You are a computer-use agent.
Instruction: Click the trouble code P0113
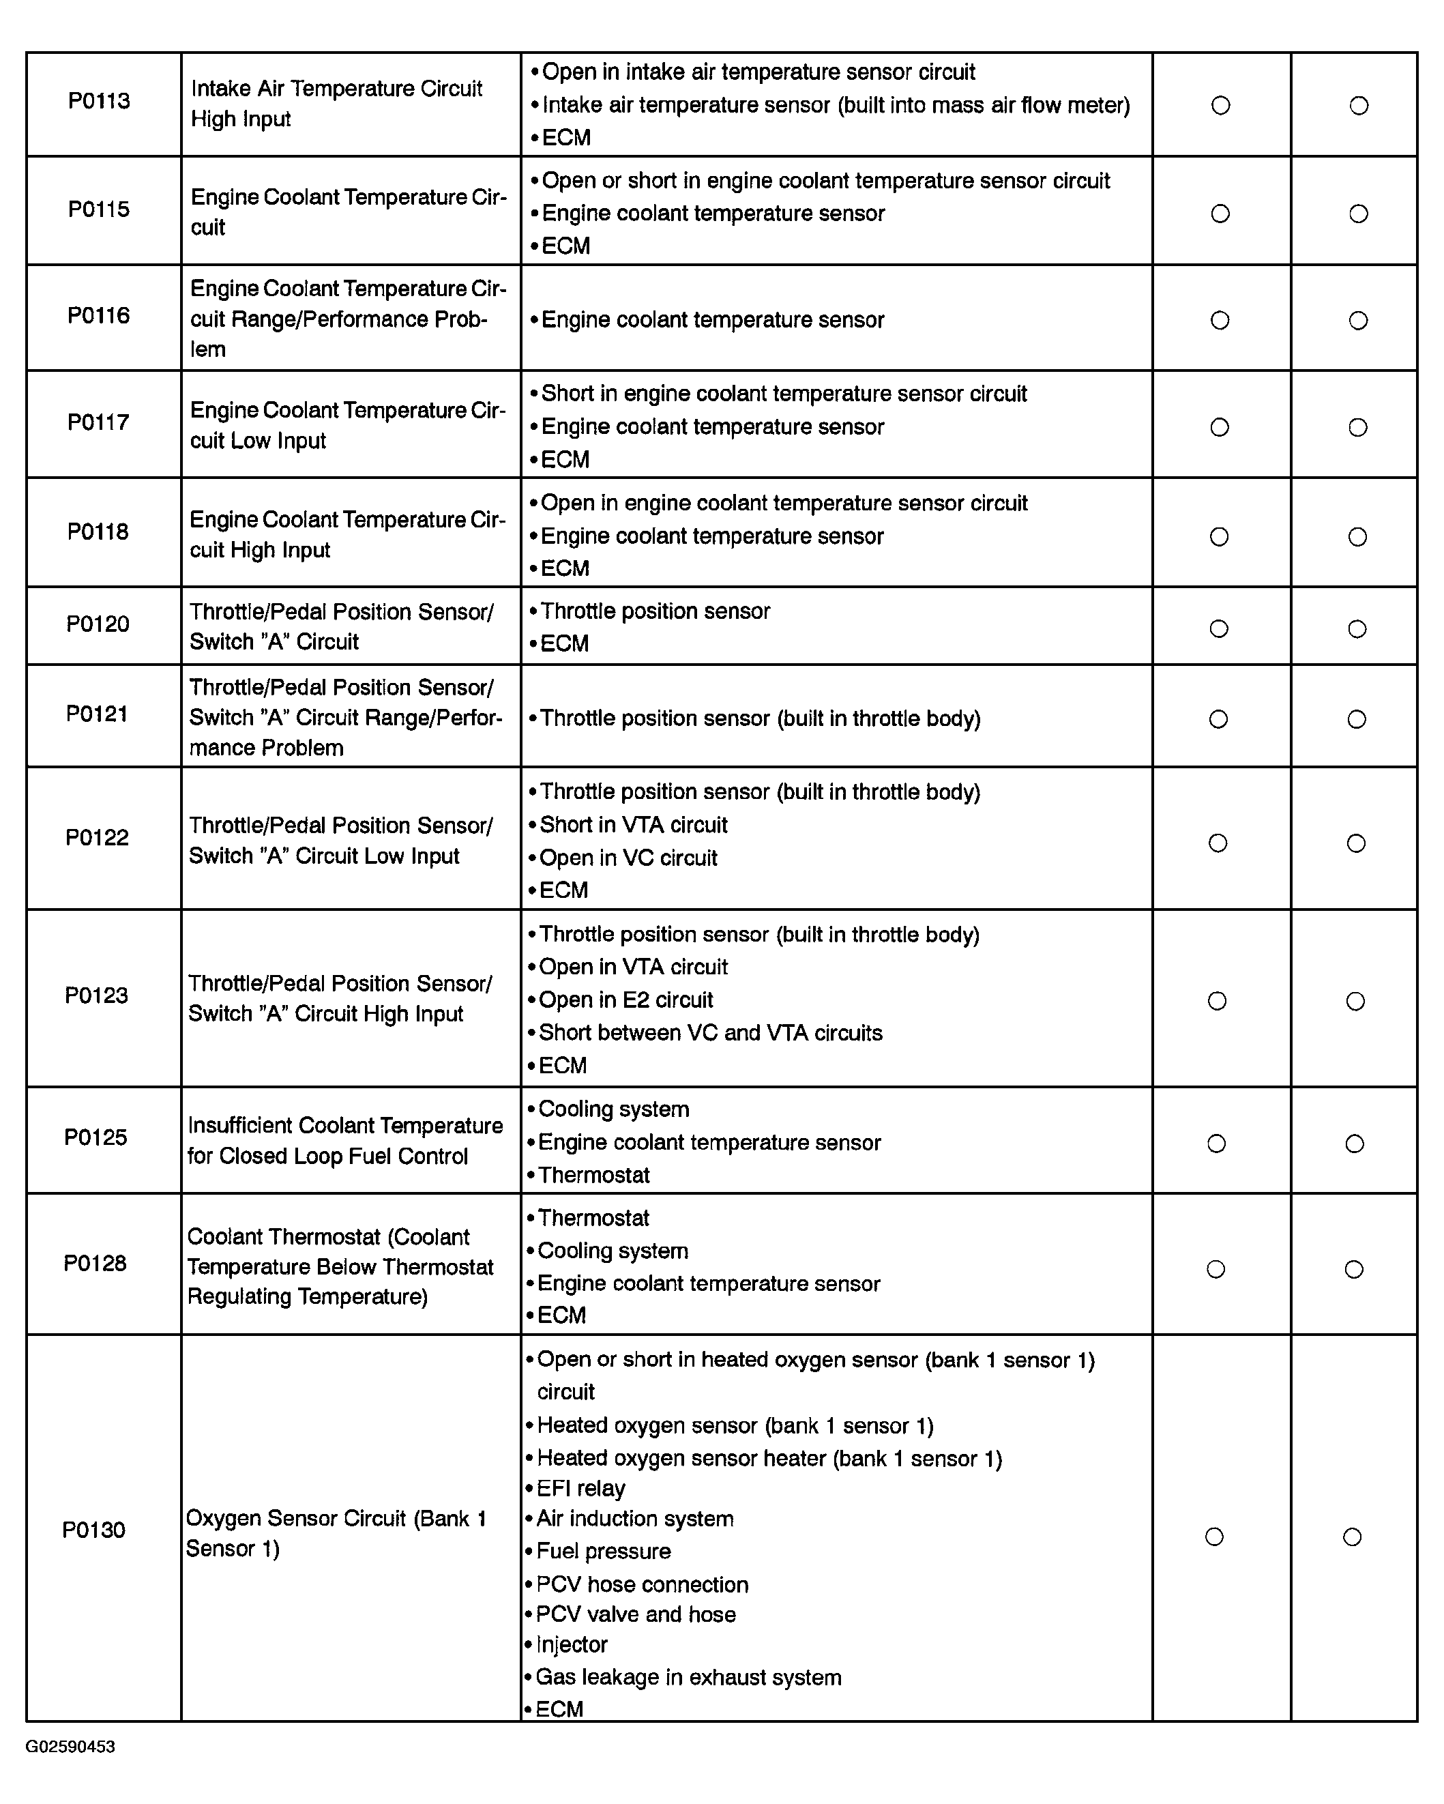click(x=99, y=101)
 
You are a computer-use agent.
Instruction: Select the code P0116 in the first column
click(x=99, y=315)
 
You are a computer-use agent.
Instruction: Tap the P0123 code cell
click(x=97, y=995)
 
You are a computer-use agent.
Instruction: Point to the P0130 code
click(x=93, y=1530)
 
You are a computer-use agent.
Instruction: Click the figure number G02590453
click(x=70, y=1746)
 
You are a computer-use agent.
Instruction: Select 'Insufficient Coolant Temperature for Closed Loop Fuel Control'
click(x=344, y=1141)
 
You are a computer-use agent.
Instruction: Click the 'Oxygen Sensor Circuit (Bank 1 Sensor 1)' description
click(x=336, y=1533)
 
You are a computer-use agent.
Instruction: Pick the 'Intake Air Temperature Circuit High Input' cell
click(x=336, y=104)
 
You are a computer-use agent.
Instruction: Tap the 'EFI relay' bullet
click(x=580, y=1487)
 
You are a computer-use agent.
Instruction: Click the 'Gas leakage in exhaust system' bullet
click(x=688, y=1677)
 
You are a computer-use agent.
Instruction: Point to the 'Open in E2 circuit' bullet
click(x=625, y=1000)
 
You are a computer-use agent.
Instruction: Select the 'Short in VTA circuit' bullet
click(x=632, y=825)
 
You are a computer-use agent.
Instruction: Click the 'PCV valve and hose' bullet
click(x=635, y=1614)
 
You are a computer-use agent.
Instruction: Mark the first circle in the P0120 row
click(x=1219, y=628)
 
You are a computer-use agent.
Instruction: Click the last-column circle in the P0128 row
click(x=1355, y=1269)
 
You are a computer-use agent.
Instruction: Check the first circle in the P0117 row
click(x=1220, y=428)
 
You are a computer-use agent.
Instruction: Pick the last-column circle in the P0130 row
click(x=1352, y=1537)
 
